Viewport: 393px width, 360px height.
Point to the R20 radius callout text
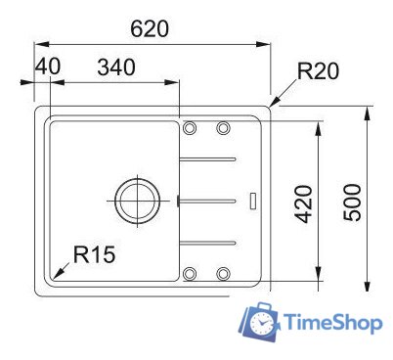tap(318, 70)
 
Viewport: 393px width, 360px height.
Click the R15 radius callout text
tap(94, 255)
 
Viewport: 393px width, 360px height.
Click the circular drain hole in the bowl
tap(132, 199)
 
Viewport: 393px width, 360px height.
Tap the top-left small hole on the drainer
tap(191, 127)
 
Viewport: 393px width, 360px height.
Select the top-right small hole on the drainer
tap(223, 127)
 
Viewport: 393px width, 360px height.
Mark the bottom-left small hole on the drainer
tap(191, 272)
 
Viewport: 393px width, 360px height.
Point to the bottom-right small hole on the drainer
tap(223, 272)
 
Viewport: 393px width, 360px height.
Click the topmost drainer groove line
tap(207, 158)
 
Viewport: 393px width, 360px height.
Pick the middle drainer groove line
tap(207, 200)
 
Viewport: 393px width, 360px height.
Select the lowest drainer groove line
tap(207, 241)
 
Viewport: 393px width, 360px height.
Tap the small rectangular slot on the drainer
tap(255, 200)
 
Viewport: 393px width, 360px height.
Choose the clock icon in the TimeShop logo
tap(262, 320)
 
